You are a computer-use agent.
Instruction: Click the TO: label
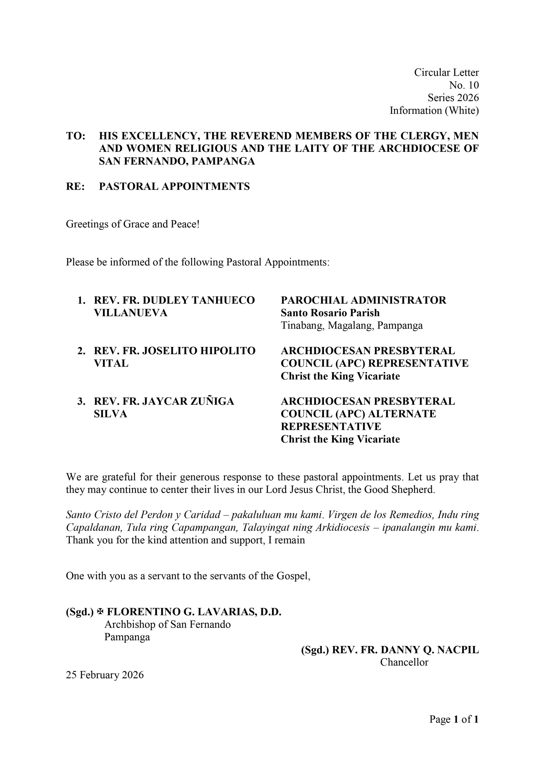76,136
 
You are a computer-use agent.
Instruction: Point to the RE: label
75,186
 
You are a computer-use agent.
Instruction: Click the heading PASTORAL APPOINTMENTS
174,186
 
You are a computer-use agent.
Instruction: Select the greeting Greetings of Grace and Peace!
133,224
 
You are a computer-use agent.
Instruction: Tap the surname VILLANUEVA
131,313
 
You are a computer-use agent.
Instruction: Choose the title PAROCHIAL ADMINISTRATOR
363,300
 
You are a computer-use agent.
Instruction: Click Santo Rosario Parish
330,313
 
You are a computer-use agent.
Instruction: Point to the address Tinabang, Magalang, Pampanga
352,325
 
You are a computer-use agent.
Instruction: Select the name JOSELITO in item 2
170,351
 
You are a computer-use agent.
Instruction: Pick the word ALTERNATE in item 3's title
402,414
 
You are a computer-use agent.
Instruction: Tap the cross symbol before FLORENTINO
100,612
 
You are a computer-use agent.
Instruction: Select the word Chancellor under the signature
404,662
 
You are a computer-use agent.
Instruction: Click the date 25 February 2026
105,675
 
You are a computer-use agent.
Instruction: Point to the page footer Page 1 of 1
454,719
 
